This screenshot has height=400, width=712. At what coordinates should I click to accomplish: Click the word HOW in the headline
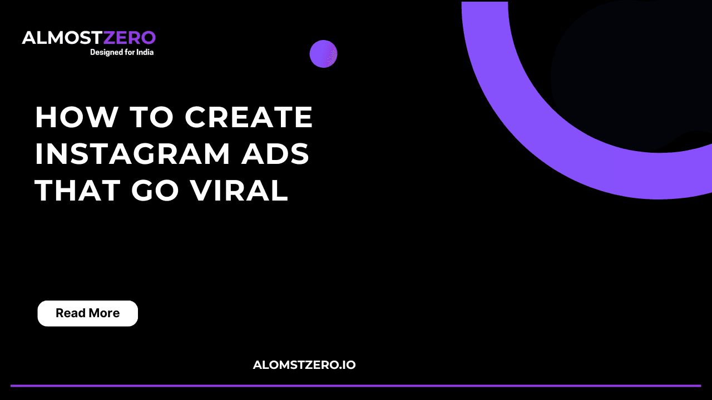tap(76, 117)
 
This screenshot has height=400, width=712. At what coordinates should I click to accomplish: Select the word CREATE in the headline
tap(249, 117)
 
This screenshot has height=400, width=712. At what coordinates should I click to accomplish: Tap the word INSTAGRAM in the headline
tap(132, 154)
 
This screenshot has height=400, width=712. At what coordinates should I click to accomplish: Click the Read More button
tap(87, 313)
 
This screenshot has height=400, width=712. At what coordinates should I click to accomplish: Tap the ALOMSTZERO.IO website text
tap(304, 365)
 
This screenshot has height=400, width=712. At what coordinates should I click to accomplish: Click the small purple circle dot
tap(323, 54)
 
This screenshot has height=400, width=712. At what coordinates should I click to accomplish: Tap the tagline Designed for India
tap(122, 52)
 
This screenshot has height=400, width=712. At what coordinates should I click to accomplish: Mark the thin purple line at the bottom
tap(356, 385)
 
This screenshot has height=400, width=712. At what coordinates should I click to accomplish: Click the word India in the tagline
tap(144, 52)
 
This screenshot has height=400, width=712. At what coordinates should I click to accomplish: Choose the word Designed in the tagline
tap(105, 52)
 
